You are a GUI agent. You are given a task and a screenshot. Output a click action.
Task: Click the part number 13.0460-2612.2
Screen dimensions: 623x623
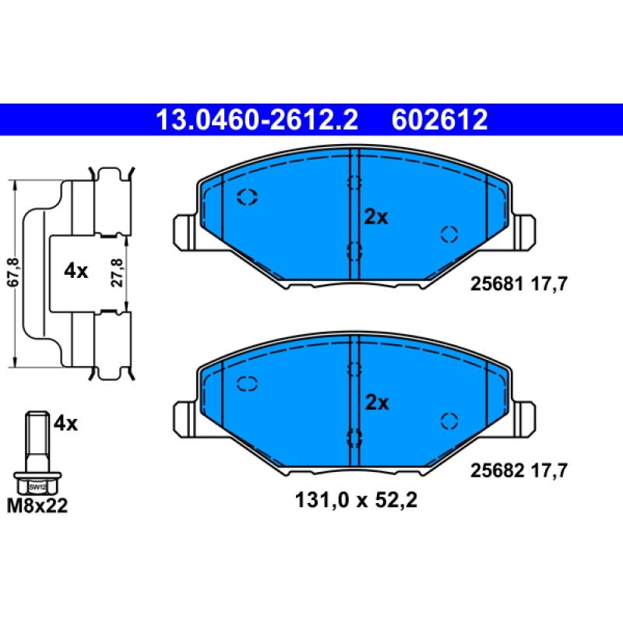257,120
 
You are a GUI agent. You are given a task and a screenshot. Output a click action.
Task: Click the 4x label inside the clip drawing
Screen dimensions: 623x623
76,271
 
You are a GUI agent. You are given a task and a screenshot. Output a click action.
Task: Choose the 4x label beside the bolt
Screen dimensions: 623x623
66,424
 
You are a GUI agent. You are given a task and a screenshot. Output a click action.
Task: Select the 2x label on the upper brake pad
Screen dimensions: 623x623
376,217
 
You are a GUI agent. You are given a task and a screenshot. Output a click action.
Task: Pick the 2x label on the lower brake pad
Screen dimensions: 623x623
376,403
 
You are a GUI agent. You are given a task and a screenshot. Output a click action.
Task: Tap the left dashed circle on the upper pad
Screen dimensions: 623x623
247,197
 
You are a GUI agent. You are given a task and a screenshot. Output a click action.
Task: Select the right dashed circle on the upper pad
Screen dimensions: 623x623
449,234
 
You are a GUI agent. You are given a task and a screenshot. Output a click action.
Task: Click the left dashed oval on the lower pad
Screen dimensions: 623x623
247,382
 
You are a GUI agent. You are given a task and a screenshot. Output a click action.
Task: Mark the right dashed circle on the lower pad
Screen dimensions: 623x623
449,420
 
